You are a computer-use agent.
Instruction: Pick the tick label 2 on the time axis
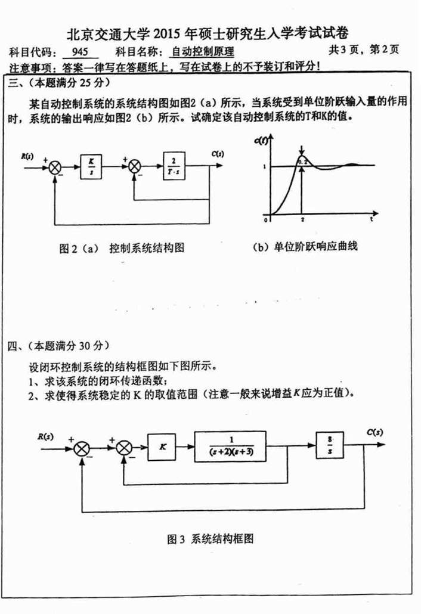tap(302, 219)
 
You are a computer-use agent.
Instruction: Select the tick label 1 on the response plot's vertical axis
tap(264, 166)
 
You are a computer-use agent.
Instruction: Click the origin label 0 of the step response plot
tap(267, 219)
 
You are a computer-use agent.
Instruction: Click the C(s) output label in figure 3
tap(374, 431)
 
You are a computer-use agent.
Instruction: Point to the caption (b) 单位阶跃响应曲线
tap(305, 246)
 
